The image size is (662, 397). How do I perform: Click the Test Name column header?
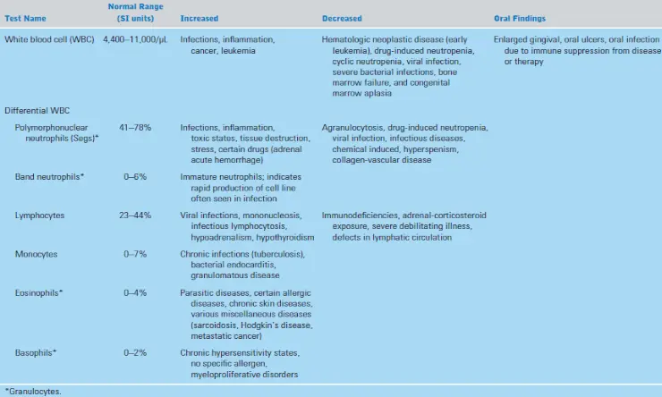click(25, 19)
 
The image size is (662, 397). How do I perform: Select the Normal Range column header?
click(135, 13)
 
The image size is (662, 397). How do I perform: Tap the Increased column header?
click(199, 19)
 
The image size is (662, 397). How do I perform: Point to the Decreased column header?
click(342, 19)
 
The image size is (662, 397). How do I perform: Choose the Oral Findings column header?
click(520, 19)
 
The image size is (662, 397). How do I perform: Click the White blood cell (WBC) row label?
click(49, 39)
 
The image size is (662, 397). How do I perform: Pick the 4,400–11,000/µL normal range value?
click(135, 39)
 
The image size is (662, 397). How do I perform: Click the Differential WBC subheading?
click(38, 111)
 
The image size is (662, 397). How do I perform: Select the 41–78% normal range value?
click(135, 127)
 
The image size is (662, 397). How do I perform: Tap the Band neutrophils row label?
click(49, 177)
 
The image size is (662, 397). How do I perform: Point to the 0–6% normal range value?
click(135, 177)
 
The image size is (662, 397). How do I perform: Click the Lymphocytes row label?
click(39, 215)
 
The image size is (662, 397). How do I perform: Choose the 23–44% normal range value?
click(135, 215)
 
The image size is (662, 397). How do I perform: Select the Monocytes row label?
click(37, 255)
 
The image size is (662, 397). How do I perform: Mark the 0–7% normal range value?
click(135, 254)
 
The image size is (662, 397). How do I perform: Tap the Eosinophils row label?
click(38, 292)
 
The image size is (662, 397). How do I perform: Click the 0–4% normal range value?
click(135, 292)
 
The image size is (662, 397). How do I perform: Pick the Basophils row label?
click(36, 352)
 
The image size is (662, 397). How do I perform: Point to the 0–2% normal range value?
click(135, 352)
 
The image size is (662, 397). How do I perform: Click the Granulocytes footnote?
click(33, 392)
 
